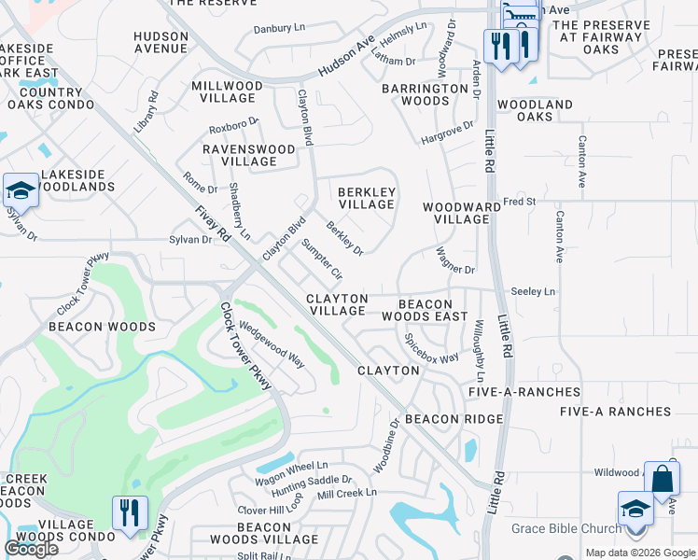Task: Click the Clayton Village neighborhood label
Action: point(337,304)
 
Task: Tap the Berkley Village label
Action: point(367,198)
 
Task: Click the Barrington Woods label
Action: point(425,94)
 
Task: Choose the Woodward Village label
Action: point(456,213)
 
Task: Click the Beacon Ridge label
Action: point(454,419)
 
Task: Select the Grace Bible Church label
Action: point(565,529)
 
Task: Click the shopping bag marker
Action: point(662,479)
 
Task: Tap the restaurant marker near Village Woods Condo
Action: point(129,512)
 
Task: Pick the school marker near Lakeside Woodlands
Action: point(21,191)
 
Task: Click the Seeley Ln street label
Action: point(533,292)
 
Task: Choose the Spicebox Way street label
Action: point(431,349)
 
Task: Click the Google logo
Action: point(32,549)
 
